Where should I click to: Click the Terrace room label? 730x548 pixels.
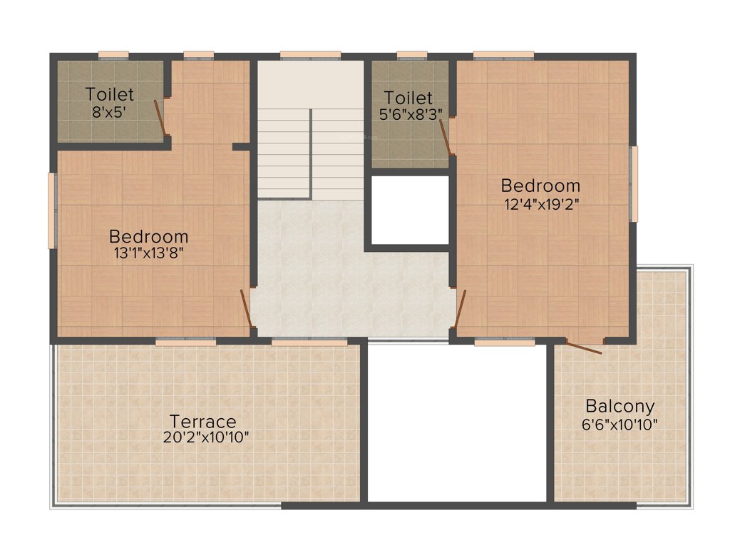click(203, 421)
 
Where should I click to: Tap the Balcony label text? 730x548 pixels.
click(620, 407)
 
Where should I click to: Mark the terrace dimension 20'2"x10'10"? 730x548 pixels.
click(205, 437)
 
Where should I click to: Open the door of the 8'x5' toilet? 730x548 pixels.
click(161, 118)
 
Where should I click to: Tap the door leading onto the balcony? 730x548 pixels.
click(584, 347)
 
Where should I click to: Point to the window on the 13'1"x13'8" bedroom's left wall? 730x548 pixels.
click(51, 210)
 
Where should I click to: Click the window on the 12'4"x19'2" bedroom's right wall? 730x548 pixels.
click(634, 184)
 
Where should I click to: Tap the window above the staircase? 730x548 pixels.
click(309, 55)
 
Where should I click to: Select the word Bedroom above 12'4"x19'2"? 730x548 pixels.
click(540, 186)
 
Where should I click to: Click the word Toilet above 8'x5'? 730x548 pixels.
click(109, 94)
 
